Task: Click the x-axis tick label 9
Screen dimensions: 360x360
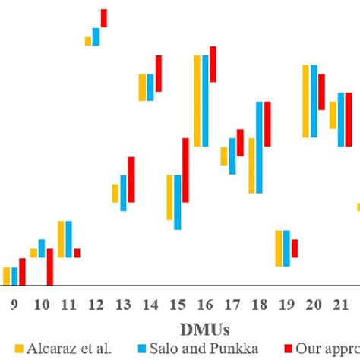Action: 14,305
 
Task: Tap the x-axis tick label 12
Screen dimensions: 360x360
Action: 96,305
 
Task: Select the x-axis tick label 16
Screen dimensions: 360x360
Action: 205,305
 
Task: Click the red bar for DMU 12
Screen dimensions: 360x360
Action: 104,18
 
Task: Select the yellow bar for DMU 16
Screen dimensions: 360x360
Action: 197,100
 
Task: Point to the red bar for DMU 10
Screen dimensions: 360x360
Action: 50,267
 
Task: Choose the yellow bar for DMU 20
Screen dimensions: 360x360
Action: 305,101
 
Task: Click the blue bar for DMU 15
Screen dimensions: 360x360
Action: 178,202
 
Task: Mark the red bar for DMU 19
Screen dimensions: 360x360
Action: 295,248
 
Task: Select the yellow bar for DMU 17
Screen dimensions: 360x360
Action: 224,156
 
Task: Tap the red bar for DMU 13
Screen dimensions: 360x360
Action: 131,179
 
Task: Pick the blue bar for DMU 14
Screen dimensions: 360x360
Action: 150,87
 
